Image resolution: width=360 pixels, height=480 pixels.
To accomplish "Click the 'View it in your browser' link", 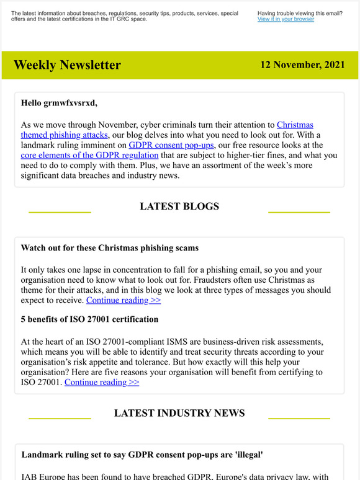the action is pos(286,19).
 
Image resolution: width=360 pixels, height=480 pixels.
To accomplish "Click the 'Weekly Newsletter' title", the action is pos(67,65).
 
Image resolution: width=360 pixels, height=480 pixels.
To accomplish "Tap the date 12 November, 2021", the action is pos(303,64).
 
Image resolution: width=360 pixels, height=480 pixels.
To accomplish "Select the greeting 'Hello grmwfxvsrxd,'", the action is pos(59,103).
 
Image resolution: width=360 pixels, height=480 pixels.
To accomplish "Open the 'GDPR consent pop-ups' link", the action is pos(171,144).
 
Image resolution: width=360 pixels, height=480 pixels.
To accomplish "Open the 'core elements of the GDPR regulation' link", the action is pos(89,155).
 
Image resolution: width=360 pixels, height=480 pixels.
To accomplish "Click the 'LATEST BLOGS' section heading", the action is pos(179,207).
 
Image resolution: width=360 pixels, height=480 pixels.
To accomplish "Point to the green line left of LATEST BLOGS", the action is pos(60,212).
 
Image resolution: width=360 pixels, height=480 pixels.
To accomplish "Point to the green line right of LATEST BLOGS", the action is pos(299,212).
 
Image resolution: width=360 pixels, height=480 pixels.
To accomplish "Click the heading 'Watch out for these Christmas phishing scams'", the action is pos(110,248).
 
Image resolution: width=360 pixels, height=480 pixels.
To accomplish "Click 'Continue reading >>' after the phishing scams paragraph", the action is pos(124,300).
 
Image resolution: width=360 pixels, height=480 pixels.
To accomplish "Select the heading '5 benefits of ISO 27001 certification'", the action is pos(89,319).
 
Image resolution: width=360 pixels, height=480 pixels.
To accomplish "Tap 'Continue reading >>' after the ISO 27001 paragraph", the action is pos(102,382).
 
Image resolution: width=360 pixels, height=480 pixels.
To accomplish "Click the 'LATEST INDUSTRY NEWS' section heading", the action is pos(179,413).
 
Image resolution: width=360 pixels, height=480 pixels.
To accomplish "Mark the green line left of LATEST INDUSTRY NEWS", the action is pos(60,419).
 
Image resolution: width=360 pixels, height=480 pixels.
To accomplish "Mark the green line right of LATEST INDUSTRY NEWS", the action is pos(299,419).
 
